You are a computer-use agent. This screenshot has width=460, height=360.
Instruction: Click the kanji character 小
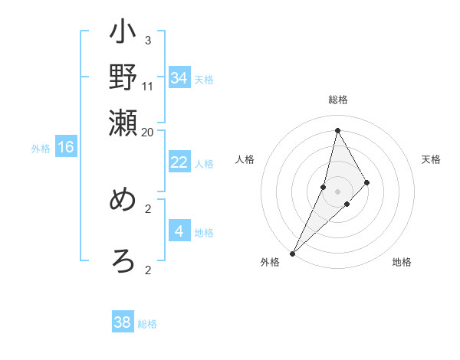point(123,35)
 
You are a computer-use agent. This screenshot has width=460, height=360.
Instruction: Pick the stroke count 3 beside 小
point(148,40)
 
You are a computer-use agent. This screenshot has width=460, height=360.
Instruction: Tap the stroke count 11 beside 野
point(148,86)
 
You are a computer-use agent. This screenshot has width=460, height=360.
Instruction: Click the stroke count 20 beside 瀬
point(148,132)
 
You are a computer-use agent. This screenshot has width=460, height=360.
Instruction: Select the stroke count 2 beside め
point(148,208)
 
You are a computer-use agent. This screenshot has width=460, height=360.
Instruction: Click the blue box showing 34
point(179,77)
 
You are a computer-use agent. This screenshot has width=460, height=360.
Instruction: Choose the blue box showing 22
point(179,162)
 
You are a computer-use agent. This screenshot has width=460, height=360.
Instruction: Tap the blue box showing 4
point(179,231)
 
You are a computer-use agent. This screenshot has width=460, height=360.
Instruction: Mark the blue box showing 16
point(66,148)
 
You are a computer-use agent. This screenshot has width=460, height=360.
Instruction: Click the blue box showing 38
point(123,322)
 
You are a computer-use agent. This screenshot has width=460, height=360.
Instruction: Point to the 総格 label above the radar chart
point(338,100)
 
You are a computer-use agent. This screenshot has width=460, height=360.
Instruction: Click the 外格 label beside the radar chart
point(269,263)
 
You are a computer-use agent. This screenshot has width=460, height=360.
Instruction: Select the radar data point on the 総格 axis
point(338,130)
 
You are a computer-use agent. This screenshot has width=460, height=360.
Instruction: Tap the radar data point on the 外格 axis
point(293,253)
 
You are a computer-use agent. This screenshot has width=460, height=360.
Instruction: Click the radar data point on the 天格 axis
point(367,182)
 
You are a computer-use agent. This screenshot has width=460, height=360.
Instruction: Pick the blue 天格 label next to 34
point(204,80)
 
